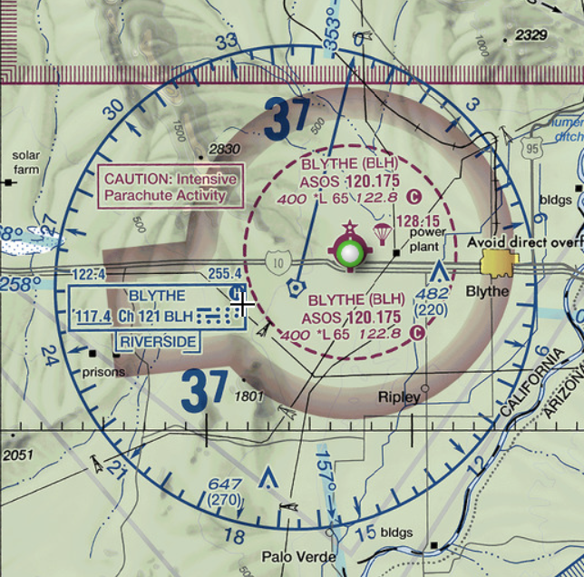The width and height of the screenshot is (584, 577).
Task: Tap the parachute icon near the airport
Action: click(382, 235)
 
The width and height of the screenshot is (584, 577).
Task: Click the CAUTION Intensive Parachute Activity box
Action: click(170, 187)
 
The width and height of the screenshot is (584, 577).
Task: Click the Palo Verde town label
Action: click(299, 556)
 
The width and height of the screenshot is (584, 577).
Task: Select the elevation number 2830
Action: click(224, 150)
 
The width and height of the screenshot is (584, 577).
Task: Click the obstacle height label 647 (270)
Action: click(224, 492)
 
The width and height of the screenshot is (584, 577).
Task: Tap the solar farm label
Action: click(26, 161)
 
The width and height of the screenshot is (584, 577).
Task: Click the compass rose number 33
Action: click(226, 42)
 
